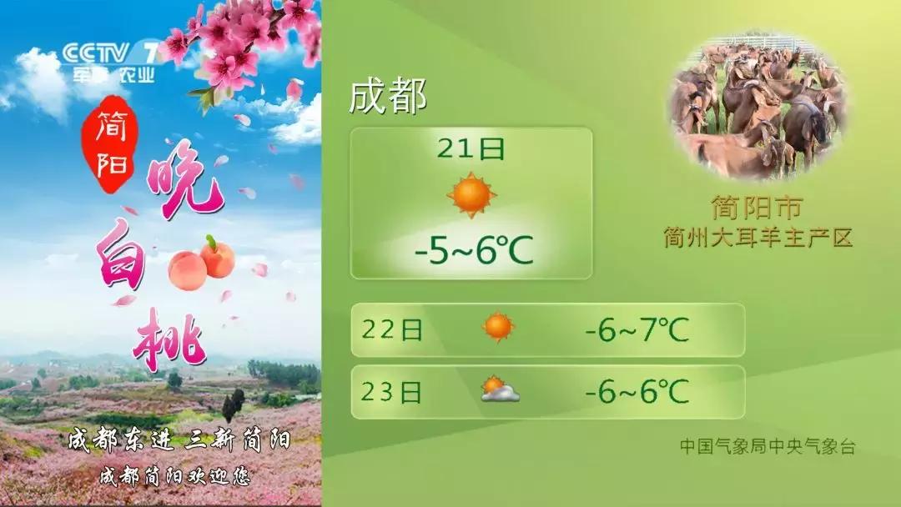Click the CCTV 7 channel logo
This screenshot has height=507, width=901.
coord(110,61)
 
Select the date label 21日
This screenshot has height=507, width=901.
coord(471,148)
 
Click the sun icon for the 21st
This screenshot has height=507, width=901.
coord(471,195)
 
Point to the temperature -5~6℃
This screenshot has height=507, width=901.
coord(475,250)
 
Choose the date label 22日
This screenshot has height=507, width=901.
coord(392,329)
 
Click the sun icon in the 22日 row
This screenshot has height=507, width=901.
coord(498,327)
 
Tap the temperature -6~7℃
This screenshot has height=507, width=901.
coord(637,329)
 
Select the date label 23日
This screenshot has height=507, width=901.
coord(392,392)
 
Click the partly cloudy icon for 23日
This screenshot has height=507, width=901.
coord(500,389)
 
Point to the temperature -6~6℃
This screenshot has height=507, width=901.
coord(637,392)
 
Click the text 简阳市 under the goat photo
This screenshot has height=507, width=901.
coord(756,208)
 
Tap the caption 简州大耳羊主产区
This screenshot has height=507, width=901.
coord(758,237)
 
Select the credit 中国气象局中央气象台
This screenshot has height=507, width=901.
coord(768,446)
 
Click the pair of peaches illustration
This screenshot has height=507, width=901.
coord(202,263)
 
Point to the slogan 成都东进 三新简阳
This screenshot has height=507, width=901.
coord(179,441)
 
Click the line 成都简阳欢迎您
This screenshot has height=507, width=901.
coord(175,476)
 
